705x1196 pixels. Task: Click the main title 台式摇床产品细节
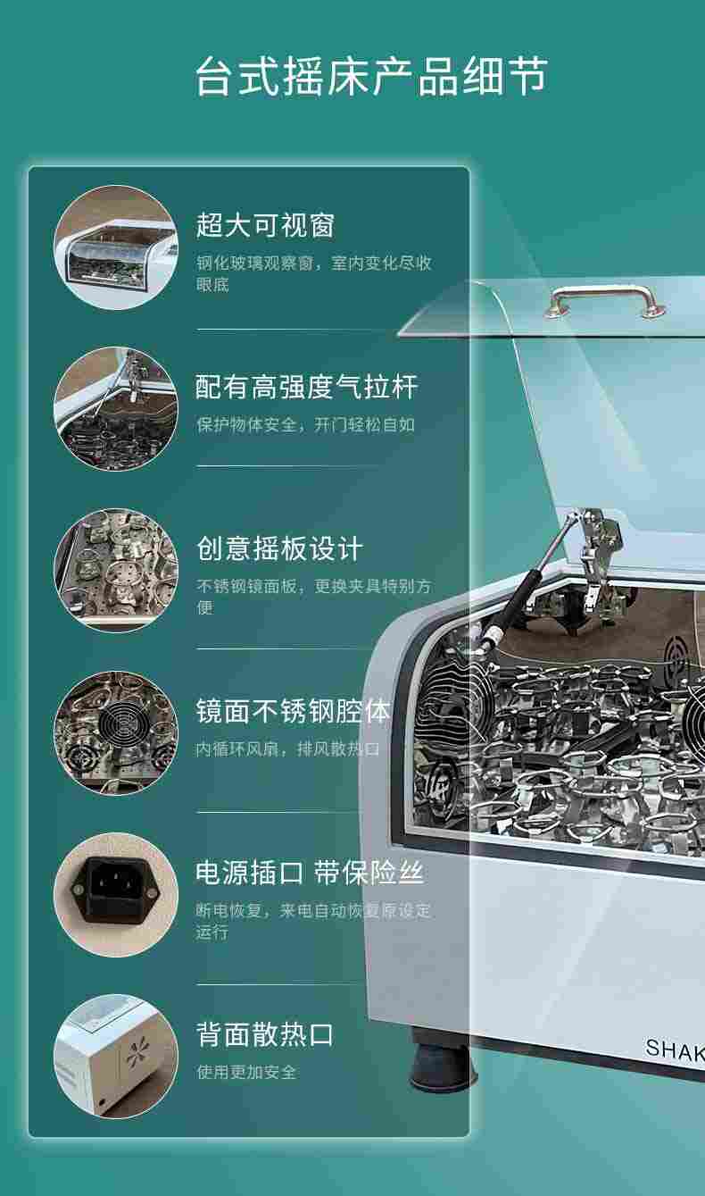tap(371, 77)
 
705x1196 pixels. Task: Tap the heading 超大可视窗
tap(265, 225)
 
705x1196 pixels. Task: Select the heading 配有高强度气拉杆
tap(306, 387)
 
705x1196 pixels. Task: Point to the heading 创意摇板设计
tap(279, 548)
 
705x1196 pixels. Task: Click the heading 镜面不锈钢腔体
tap(293, 711)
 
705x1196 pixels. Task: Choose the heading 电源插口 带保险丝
tap(310, 873)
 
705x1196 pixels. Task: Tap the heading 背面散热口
tap(265, 1034)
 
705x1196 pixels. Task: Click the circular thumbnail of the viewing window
tap(116, 247)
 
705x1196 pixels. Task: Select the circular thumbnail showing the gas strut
tap(116, 409)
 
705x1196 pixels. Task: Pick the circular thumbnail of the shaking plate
tap(116, 571)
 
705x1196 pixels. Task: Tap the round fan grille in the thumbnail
tap(123, 724)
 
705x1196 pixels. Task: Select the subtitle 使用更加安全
tap(246, 1072)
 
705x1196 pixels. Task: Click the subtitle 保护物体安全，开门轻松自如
tap(305, 425)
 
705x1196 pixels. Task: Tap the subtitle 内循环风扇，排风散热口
tap(287, 749)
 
